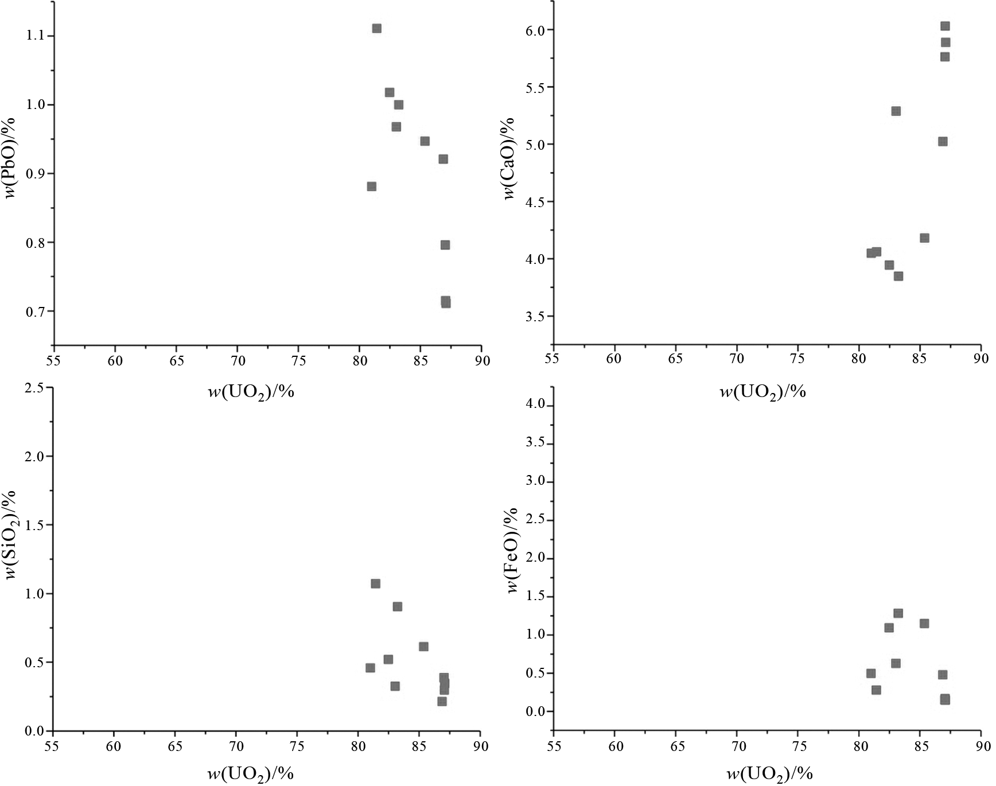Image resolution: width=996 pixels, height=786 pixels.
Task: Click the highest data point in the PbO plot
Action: coord(376,28)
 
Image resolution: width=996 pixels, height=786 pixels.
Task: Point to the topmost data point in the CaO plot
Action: coord(944,26)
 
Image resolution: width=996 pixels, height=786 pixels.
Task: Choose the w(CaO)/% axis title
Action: coord(509,158)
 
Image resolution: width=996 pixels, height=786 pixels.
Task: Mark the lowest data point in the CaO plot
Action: coord(898,276)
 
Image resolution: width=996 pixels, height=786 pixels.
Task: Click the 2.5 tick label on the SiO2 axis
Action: coord(36,388)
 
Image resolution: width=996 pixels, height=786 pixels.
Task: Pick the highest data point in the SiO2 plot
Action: coord(375,583)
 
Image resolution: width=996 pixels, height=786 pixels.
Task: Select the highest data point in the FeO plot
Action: coord(898,613)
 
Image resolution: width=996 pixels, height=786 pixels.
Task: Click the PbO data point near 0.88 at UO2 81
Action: coord(371,186)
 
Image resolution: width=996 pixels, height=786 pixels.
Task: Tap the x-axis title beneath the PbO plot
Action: coord(251,392)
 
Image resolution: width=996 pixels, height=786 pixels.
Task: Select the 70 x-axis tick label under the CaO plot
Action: coord(736,359)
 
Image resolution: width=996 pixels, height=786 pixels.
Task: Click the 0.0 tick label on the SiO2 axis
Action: coord(36,731)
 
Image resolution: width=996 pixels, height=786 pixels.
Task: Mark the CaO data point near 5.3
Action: coord(896,111)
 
